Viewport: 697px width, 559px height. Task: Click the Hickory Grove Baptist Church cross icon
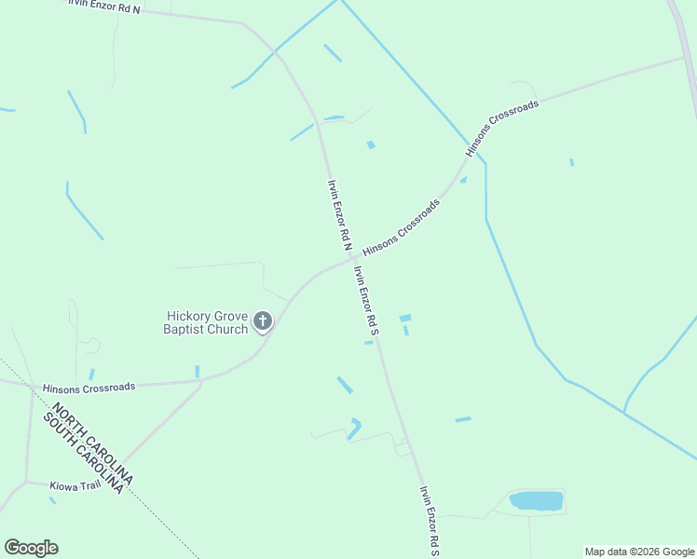click(x=263, y=322)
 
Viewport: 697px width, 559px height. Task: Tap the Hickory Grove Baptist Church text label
click(x=207, y=322)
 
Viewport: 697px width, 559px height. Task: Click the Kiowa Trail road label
click(x=75, y=485)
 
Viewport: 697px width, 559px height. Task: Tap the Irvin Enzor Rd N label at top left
click(x=103, y=7)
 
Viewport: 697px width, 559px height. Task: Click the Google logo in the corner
click(x=31, y=548)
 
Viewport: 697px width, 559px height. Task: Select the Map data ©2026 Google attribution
click(x=640, y=552)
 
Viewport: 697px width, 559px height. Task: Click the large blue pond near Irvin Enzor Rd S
click(x=537, y=501)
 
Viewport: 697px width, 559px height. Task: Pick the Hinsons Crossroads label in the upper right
click(x=502, y=128)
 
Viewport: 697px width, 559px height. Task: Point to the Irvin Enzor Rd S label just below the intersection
click(x=366, y=300)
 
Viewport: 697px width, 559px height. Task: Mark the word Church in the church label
click(x=228, y=329)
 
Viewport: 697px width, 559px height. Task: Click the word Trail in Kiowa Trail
click(x=89, y=485)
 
